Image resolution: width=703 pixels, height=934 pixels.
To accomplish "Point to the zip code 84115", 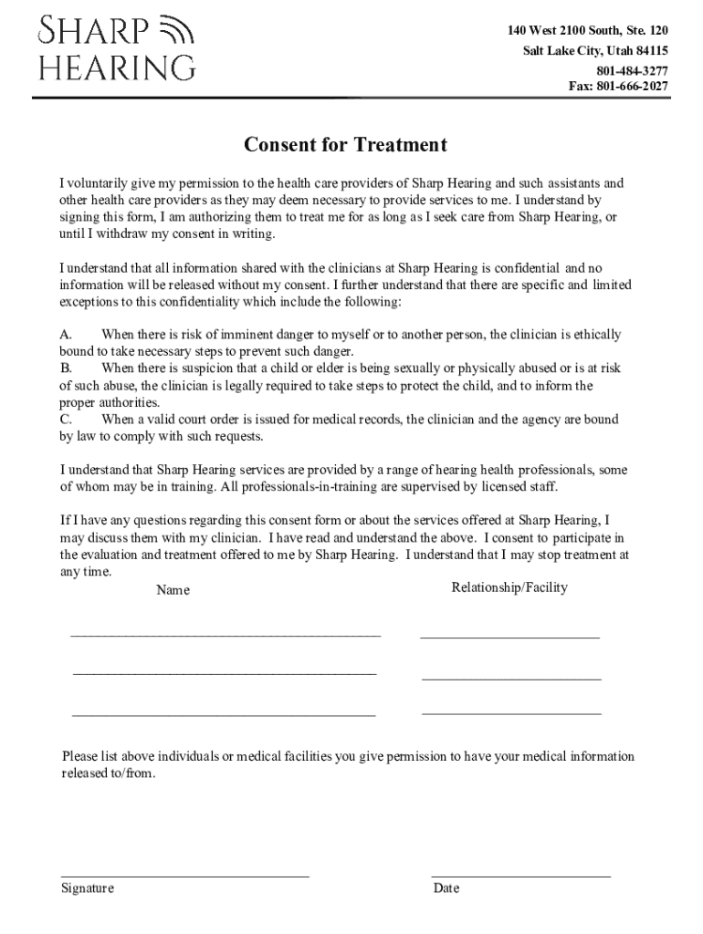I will coord(647,51).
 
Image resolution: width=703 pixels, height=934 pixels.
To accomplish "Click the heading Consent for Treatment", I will coord(345,145).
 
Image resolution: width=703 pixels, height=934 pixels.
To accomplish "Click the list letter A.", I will coord(66,335).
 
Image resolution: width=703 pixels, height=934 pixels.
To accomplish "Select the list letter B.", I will coord(66,368).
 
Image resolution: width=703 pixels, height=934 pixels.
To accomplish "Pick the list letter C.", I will coord(66,420).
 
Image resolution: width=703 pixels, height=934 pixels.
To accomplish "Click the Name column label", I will coord(173,590).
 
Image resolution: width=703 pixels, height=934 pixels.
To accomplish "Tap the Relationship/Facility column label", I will coord(509,587).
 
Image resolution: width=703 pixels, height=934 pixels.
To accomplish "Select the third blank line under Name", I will coord(224,715).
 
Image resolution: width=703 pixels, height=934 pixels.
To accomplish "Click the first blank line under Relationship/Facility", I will coord(509,636).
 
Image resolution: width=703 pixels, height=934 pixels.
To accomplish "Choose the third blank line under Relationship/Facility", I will coord(511,711).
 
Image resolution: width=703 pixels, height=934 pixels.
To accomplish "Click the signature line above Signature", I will coord(184,876).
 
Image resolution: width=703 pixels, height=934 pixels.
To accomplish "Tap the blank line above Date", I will coord(520,876).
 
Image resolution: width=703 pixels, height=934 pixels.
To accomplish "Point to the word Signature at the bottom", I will coord(88,888).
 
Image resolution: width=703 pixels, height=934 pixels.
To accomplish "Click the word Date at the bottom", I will coord(446,888).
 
